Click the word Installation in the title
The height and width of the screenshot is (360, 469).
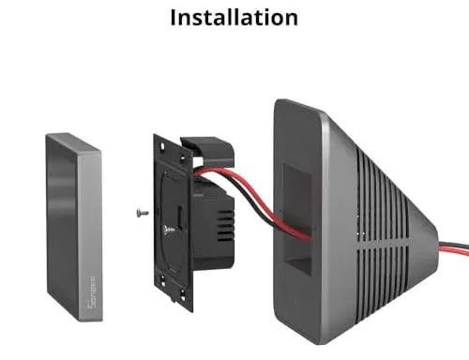click(x=234, y=17)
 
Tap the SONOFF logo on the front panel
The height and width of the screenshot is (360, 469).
click(x=93, y=292)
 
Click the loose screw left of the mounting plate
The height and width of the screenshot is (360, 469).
click(x=143, y=213)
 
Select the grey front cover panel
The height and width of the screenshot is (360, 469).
click(x=74, y=227)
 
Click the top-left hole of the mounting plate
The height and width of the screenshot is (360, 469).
click(x=162, y=146)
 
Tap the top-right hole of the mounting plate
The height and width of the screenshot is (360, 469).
click(x=182, y=157)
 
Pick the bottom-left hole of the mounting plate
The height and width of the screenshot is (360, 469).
click(x=162, y=280)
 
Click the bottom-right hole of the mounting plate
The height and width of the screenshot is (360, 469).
click(x=183, y=294)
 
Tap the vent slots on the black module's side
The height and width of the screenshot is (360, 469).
click(x=224, y=226)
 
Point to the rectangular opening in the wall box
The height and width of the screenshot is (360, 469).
click(x=297, y=218)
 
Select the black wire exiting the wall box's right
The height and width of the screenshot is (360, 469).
click(x=455, y=244)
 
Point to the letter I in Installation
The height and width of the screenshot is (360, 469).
click(x=173, y=18)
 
